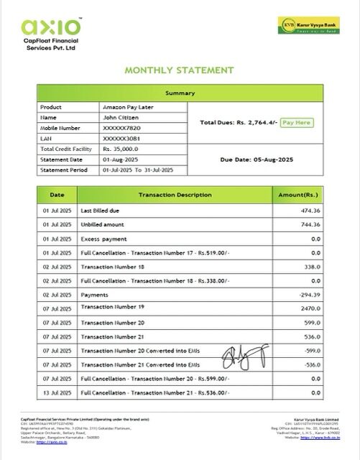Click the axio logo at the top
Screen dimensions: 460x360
tap(51, 27)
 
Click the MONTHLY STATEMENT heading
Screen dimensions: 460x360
tap(180, 70)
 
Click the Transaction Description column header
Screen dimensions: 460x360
tap(175, 195)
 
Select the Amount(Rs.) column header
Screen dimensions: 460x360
tap(298, 195)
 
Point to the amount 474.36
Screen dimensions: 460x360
tap(310, 211)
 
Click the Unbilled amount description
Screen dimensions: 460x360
tap(103, 224)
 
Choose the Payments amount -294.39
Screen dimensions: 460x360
tap(309, 295)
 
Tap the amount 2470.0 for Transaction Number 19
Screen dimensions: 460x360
tap(310, 308)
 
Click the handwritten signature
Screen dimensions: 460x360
tap(239, 354)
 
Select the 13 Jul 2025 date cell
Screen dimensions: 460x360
tap(57, 392)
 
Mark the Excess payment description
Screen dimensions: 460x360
tap(101, 238)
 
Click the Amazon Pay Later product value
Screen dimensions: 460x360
tap(126, 106)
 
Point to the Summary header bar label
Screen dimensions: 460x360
tap(179, 93)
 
